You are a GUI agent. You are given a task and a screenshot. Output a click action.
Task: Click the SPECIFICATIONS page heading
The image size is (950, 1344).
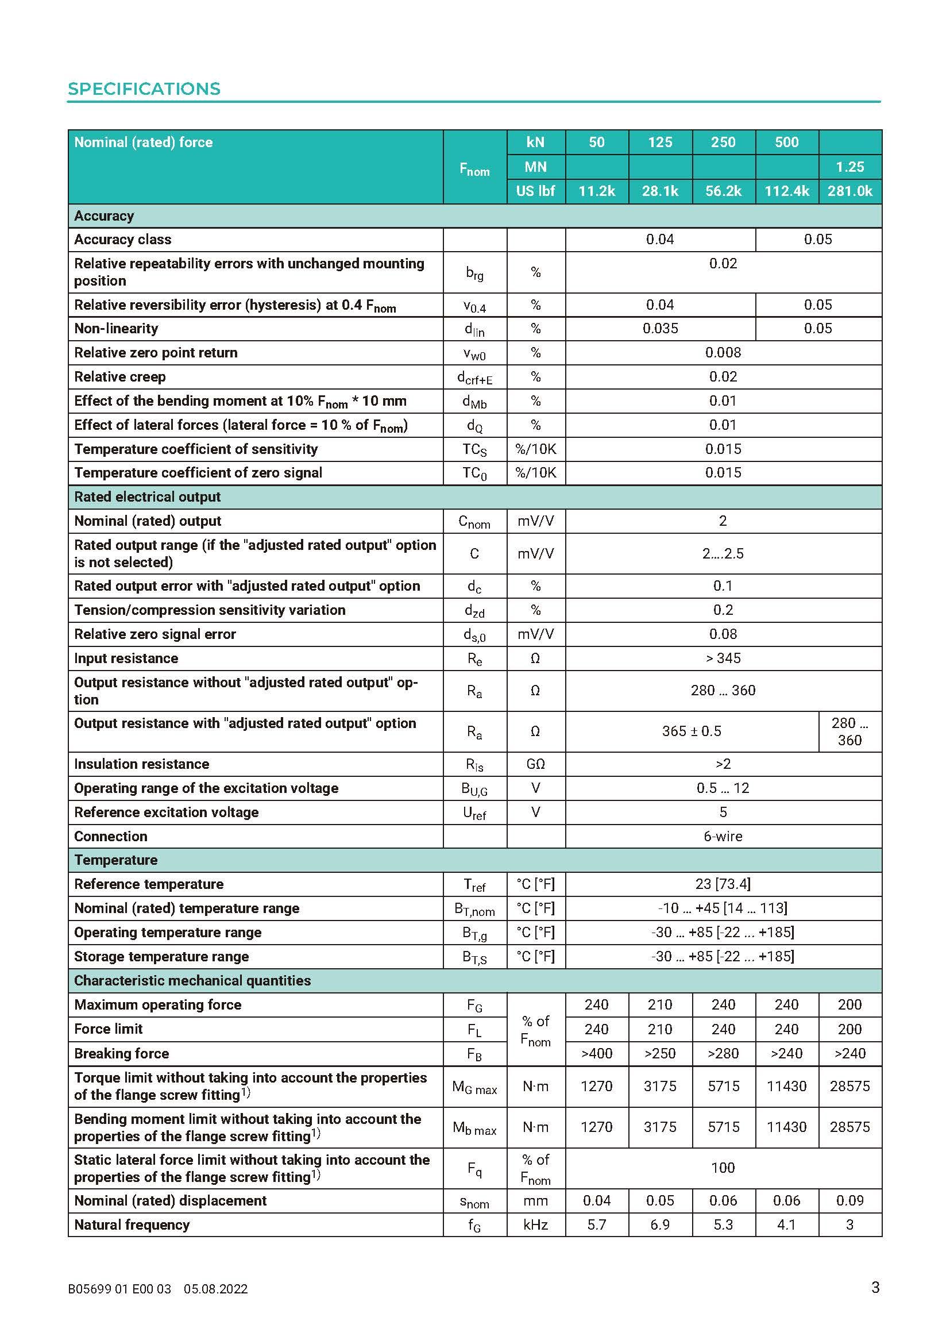[x=144, y=89]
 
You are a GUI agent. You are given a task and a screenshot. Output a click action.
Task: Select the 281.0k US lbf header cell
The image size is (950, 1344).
[x=849, y=191]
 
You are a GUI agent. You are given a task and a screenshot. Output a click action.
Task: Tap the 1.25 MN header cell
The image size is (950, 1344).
[x=849, y=167]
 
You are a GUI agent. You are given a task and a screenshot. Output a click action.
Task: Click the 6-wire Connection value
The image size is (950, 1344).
[x=723, y=836]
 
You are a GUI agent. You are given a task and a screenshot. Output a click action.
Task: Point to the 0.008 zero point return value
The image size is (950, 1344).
[x=723, y=352]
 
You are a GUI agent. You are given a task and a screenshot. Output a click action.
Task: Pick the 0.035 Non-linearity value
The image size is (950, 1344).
[x=660, y=329]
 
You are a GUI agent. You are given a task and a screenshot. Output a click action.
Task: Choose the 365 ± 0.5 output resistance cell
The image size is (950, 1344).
[x=692, y=731]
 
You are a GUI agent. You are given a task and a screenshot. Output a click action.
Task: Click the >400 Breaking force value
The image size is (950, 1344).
[x=596, y=1053]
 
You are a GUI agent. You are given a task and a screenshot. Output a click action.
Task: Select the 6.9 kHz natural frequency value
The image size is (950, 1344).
[x=660, y=1224]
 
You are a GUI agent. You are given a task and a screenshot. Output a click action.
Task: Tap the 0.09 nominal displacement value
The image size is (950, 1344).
[x=849, y=1200]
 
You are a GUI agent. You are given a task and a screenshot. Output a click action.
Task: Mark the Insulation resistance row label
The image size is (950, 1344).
[x=141, y=764]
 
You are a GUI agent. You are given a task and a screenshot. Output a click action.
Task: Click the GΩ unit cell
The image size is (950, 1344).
[x=535, y=764]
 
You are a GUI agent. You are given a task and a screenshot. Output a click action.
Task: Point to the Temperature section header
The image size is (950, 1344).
[x=116, y=860]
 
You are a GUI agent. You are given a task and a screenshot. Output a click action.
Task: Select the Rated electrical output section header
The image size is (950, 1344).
[x=148, y=496]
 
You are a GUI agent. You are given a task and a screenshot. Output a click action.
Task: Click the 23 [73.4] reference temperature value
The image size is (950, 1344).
[x=723, y=884]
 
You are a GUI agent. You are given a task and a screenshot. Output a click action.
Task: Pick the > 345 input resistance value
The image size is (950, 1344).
[x=723, y=658]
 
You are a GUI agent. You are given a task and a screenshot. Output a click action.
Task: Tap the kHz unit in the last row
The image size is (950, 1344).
[x=535, y=1224]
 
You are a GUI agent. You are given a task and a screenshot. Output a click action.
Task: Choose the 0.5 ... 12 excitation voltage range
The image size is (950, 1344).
[x=723, y=788]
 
